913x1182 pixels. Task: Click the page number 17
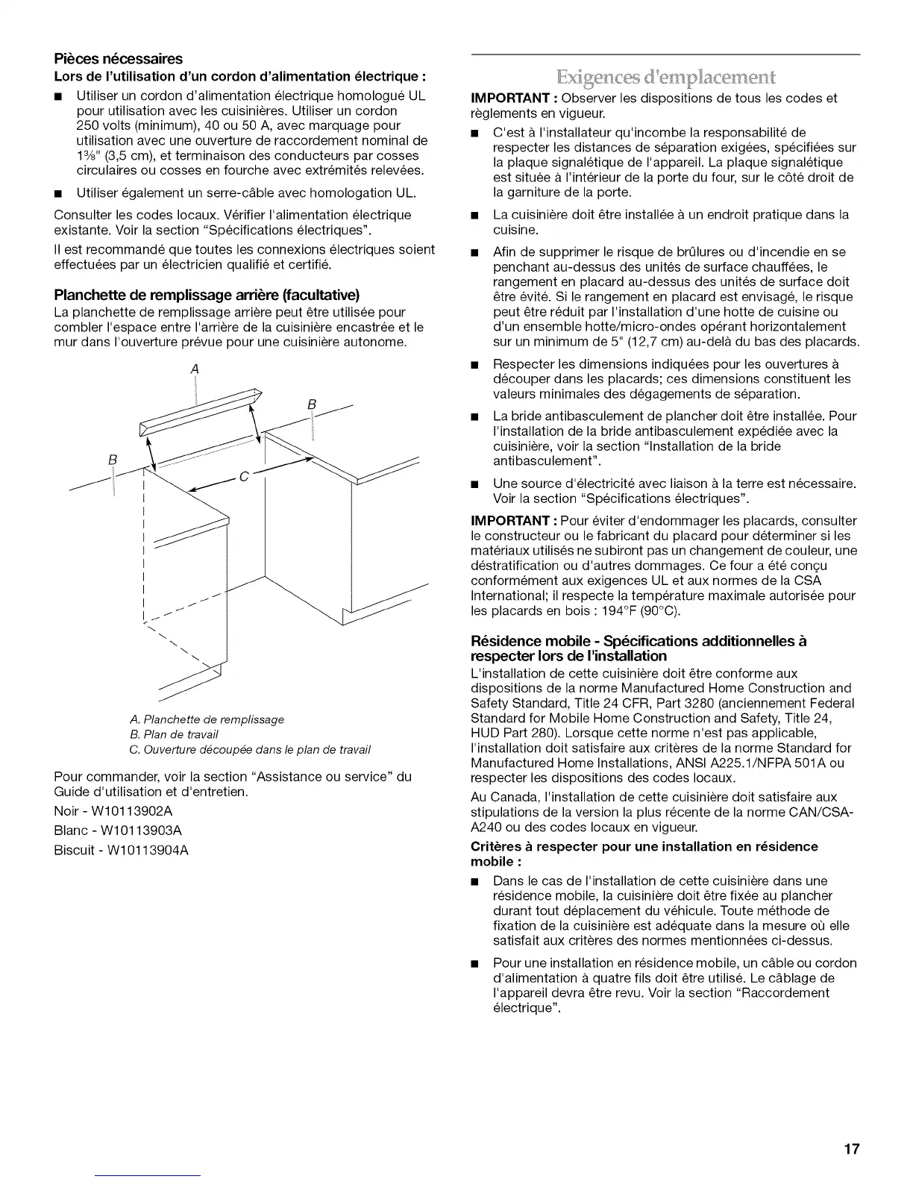852,1150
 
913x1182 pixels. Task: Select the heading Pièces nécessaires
119,59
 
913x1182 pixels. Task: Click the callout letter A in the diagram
195,369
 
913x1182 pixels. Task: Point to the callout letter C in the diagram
244,479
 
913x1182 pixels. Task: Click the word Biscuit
74,850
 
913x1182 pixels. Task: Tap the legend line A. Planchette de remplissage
207,719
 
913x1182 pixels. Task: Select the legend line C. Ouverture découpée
250,749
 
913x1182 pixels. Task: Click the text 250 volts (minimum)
117,125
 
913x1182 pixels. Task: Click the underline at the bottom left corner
148,1175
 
